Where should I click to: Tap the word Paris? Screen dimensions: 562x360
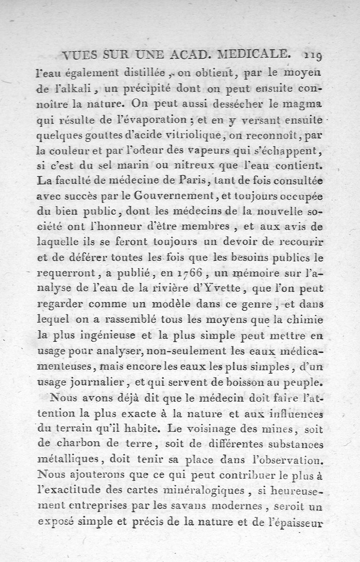[x=192, y=180]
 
